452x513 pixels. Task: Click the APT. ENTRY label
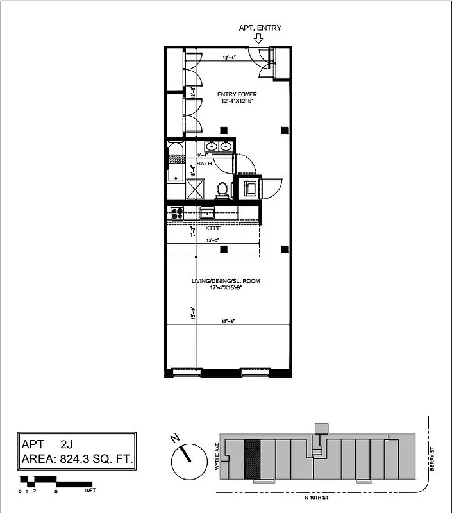point(260,28)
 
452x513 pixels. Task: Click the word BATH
point(205,164)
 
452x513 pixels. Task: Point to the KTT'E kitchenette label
point(213,228)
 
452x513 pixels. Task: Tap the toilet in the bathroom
point(222,189)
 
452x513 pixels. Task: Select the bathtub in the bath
point(175,164)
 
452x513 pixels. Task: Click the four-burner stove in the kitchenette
point(177,213)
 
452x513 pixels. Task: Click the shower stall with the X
point(195,189)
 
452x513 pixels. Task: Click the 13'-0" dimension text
point(213,240)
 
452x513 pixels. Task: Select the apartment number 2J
point(67,444)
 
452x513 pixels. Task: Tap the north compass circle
point(185,460)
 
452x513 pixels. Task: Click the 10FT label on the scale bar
point(90,491)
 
